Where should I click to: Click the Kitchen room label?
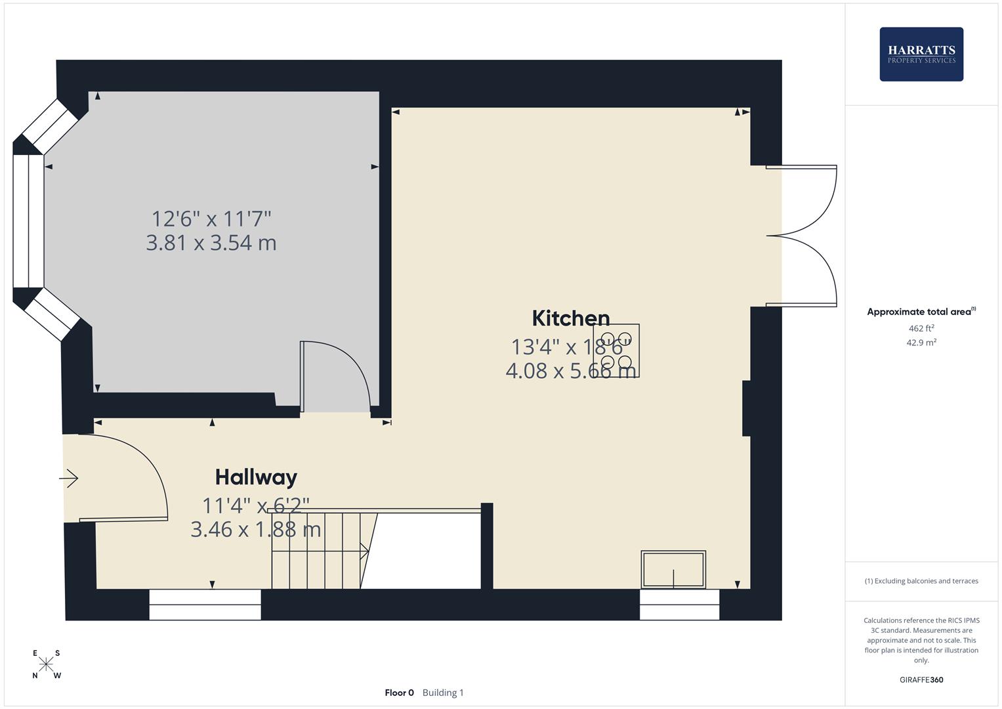(x=570, y=318)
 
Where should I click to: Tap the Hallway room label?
(x=256, y=477)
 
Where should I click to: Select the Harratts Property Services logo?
(x=921, y=54)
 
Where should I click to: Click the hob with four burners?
(x=616, y=351)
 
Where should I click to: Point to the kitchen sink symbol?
(x=673, y=569)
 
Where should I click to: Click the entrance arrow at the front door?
(x=70, y=479)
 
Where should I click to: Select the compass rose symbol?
(x=46, y=664)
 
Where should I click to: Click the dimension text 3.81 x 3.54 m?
(x=211, y=243)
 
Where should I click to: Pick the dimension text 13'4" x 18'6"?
(x=570, y=346)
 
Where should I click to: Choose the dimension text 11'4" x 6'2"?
(x=255, y=505)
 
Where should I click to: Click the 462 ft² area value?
(x=921, y=328)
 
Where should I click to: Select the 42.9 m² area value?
(x=921, y=342)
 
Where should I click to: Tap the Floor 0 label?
(x=399, y=693)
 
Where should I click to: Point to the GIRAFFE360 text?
(x=921, y=679)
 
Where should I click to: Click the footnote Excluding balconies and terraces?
(x=921, y=581)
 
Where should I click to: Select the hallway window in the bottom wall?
(x=205, y=605)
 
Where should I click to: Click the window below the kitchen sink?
(x=679, y=605)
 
